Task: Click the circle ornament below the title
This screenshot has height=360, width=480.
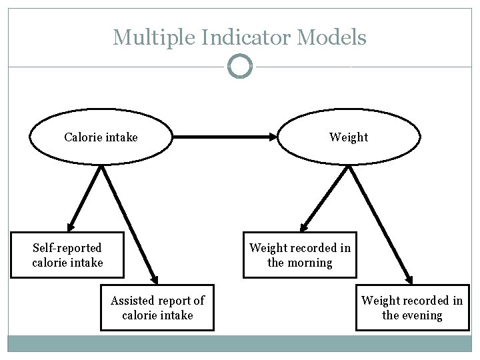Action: point(240,67)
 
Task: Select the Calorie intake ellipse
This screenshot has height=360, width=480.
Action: point(101,137)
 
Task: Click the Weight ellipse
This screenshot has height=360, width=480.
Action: point(349,137)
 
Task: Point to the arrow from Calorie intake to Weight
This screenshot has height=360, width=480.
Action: point(223,137)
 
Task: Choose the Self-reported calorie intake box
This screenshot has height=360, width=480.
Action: point(67,255)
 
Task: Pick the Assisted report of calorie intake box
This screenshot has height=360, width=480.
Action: point(157,307)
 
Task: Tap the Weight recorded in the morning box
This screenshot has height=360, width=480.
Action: point(299,255)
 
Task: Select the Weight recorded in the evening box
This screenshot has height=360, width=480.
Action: point(411,307)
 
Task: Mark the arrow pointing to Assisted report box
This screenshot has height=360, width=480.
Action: point(129,224)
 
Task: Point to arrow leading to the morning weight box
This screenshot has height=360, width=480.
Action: point(327,197)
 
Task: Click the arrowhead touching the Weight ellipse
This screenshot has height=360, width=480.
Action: point(272,137)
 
